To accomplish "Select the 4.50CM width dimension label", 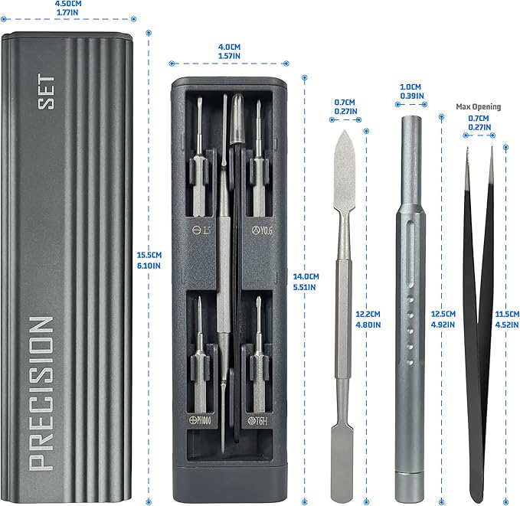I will [68, 8].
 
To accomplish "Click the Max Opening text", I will [478, 106].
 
